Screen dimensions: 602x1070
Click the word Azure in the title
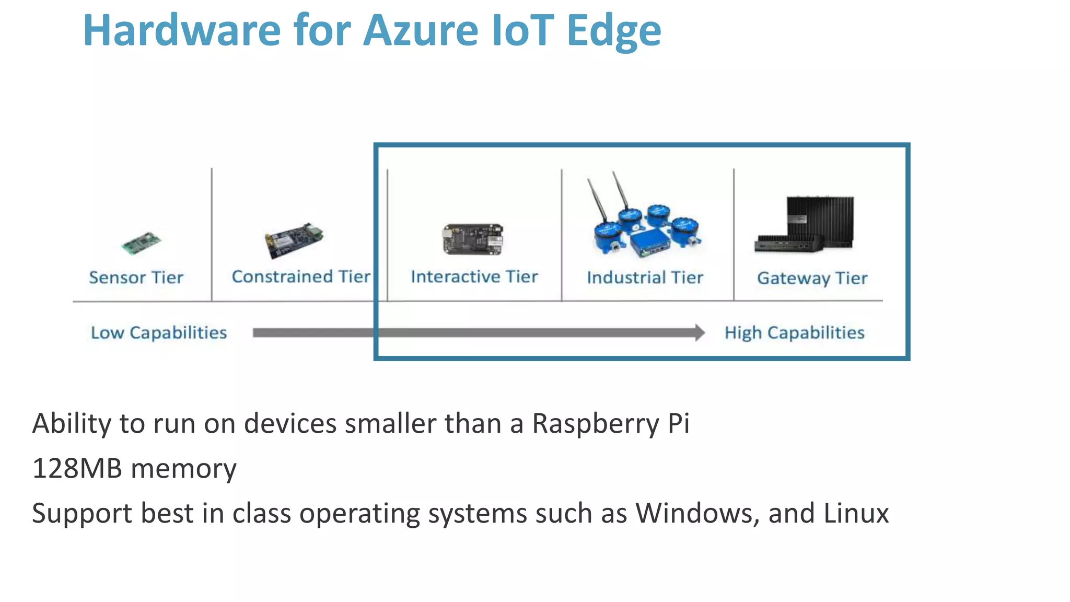pos(421,30)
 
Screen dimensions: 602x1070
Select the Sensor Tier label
pos(136,277)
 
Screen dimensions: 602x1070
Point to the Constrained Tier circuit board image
pos(294,240)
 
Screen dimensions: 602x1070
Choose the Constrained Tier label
pos(301,276)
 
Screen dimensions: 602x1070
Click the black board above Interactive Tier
pos(473,239)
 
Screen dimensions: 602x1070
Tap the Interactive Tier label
pos(474,276)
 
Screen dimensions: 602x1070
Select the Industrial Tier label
pos(645,277)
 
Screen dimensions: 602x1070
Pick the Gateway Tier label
pos(812,278)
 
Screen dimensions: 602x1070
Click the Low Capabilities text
pos(159,333)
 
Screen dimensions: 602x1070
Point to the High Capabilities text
pos(794,333)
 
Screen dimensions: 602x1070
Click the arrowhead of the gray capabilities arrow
pos(699,333)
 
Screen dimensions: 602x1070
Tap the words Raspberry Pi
pos(611,423)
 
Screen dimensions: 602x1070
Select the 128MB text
pos(77,468)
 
